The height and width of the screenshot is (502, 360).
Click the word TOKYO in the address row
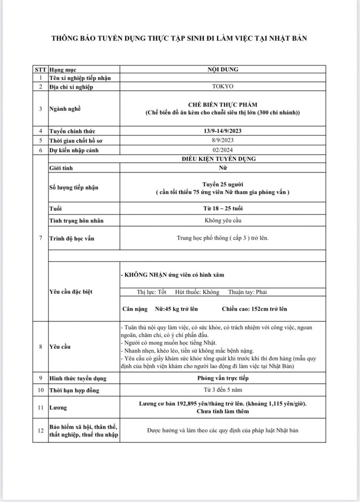tap(223, 87)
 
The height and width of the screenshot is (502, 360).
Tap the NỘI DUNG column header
tap(223, 69)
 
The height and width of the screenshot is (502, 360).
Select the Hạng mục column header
tap(63, 69)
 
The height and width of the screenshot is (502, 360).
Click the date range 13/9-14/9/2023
tap(223, 131)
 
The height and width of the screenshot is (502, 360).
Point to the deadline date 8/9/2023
tap(223, 140)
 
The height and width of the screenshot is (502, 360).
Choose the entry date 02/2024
tap(223, 150)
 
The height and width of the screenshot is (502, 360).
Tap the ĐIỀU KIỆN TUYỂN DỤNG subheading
tap(223, 159)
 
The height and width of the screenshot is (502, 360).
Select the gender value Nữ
tap(223, 167)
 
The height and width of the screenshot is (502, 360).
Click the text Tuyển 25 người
tap(223, 184)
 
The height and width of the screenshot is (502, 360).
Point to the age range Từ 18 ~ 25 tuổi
tap(223, 208)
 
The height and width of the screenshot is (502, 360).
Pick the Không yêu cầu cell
tap(223, 220)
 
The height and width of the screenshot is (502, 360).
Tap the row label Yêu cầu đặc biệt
tap(71, 292)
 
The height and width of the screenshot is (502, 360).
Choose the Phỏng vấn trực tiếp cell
tap(223, 378)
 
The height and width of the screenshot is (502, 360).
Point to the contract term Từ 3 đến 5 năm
tap(223, 390)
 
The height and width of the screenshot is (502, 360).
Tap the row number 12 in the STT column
tap(41, 430)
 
